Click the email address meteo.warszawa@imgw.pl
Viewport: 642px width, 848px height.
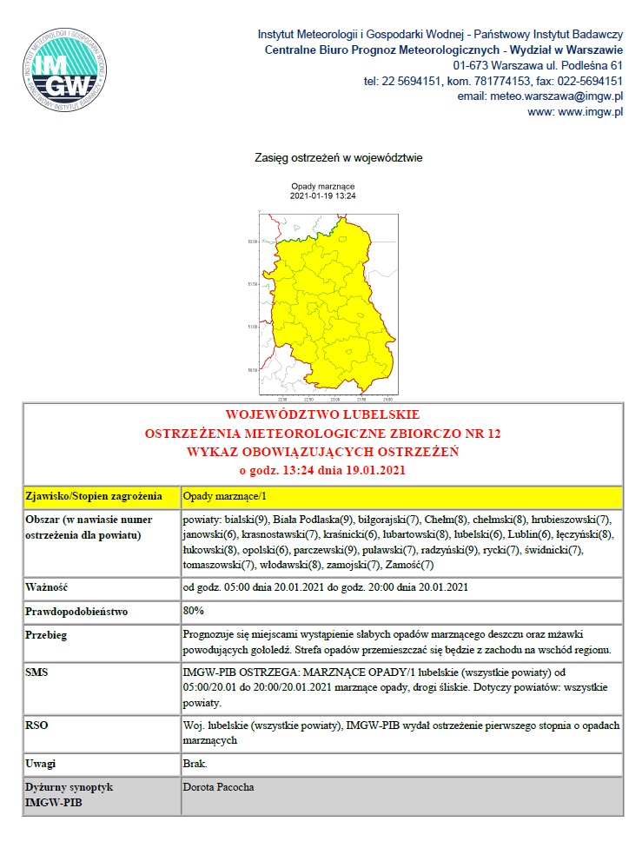coord(540,96)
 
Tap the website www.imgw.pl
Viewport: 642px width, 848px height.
coord(576,112)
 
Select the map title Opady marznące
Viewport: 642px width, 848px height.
coord(323,187)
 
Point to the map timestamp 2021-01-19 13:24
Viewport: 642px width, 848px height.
coord(323,195)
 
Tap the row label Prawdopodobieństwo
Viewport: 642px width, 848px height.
coord(77,612)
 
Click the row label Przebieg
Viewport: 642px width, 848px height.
coord(50,635)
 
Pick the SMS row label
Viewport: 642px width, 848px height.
coord(39,672)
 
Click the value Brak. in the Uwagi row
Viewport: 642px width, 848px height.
coord(195,764)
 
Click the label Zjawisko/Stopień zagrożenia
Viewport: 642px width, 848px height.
coord(95,497)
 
